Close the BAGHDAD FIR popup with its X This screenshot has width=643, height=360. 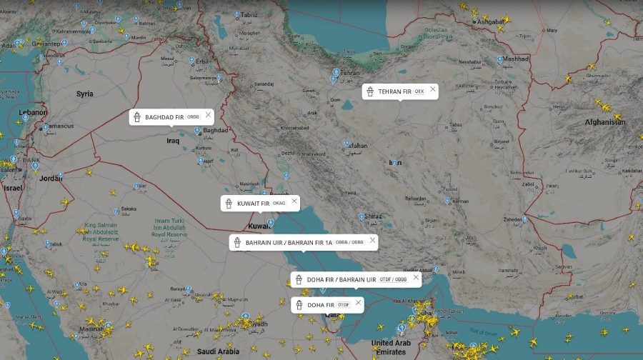click(x=208, y=114)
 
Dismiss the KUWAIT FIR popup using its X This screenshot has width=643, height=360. click(x=294, y=201)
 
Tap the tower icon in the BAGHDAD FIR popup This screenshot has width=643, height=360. click(x=136, y=117)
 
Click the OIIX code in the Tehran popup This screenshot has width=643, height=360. click(x=419, y=92)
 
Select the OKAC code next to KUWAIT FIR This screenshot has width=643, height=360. click(x=279, y=204)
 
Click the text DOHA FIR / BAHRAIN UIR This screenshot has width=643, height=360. click(x=341, y=279)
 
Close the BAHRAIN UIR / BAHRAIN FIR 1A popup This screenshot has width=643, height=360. click(x=372, y=240)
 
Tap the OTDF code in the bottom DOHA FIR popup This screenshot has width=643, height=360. click(x=344, y=305)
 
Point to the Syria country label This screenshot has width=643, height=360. click(x=85, y=94)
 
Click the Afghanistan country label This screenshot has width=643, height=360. click(x=604, y=122)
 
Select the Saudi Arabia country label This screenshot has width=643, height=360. click(x=219, y=351)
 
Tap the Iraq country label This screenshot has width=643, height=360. click(x=173, y=141)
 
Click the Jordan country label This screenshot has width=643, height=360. click(x=50, y=178)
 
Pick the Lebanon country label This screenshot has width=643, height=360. click(x=33, y=113)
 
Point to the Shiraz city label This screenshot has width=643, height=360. click(x=373, y=216)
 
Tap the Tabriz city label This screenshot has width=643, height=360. click(x=249, y=14)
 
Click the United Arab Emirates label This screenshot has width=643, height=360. click(x=391, y=347)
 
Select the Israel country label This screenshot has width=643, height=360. click(x=13, y=188)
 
